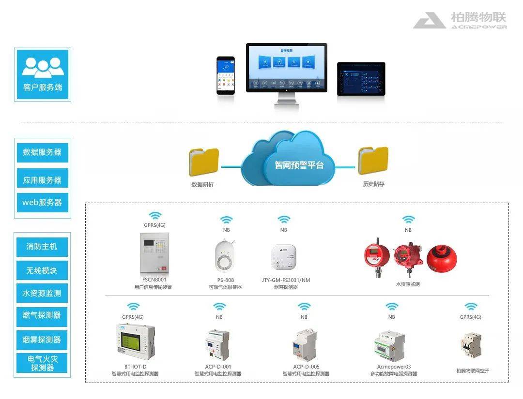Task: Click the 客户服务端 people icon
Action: pos(43,67)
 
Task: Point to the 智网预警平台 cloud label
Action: pos(299,164)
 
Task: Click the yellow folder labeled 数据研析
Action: pos(204,162)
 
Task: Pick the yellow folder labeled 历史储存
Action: pos(373,161)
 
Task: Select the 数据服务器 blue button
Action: pos(43,152)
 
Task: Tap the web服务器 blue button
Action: pos(43,203)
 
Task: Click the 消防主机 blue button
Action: pos(43,247)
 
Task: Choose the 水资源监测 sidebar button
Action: pos(43,293)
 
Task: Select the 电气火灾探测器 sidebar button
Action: pos(43,363)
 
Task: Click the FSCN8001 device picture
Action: pos(154,253)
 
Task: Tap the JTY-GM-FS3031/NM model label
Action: pos(286,280)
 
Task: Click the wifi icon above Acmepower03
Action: pos(391,306)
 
